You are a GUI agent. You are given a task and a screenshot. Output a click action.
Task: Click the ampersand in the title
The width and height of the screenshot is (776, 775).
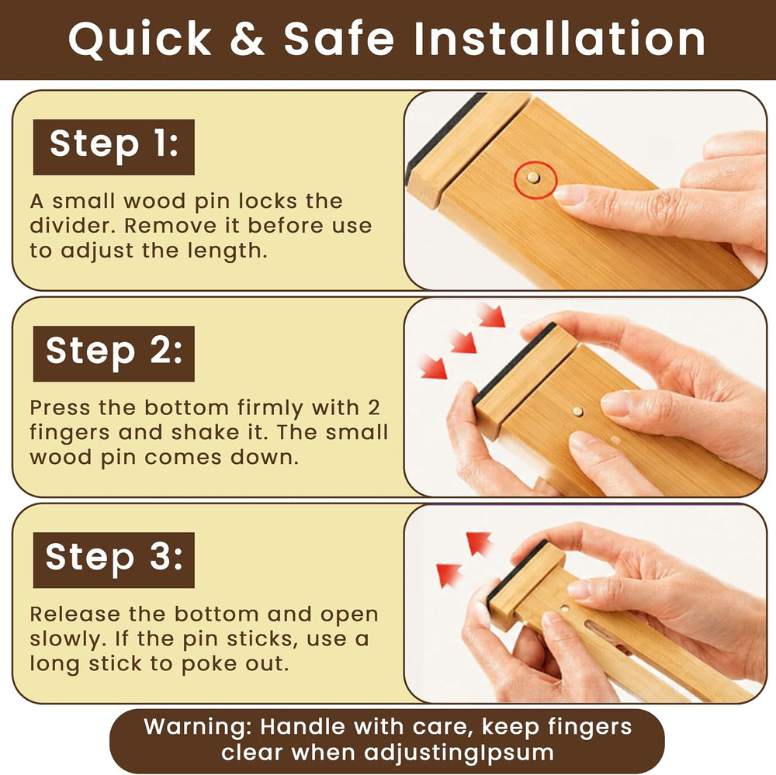pyautogui.click(x=248, y=38)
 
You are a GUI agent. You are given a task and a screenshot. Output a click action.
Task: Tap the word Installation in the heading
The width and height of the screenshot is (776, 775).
pyautogui.click(x=559, y=38)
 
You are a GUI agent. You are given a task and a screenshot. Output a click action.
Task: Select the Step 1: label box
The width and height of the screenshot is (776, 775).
pyautogui.click(x=114, y=147)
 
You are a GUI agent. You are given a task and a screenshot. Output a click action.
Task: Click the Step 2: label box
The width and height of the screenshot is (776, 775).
pyautogui.click(x=114, y=353)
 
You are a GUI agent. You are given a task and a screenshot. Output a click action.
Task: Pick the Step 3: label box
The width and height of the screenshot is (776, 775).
pyautogui.click(x=114, y=560)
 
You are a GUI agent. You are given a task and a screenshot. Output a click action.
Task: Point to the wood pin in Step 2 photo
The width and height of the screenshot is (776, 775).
pyautogui.click(x=577, y=411)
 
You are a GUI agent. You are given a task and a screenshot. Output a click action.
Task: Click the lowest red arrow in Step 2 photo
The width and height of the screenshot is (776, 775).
pyautogui.click(x=432, y=366)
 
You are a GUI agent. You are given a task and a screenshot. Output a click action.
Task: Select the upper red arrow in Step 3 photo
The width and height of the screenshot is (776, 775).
pyautogui.click(x=479, y=542)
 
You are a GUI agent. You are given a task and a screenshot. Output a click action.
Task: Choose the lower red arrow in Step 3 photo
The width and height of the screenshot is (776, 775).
pyautogui.click(x=449, y=574)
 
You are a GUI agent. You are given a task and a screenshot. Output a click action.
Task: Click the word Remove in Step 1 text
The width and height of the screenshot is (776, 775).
pyautogui.click(x=170, y=226)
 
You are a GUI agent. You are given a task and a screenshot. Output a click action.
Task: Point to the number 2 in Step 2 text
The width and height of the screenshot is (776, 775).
pyautogui.click(x=374, y=408)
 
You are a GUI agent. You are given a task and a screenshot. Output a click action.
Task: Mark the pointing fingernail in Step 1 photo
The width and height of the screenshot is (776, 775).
pyautogui.click(x=568, y=195)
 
